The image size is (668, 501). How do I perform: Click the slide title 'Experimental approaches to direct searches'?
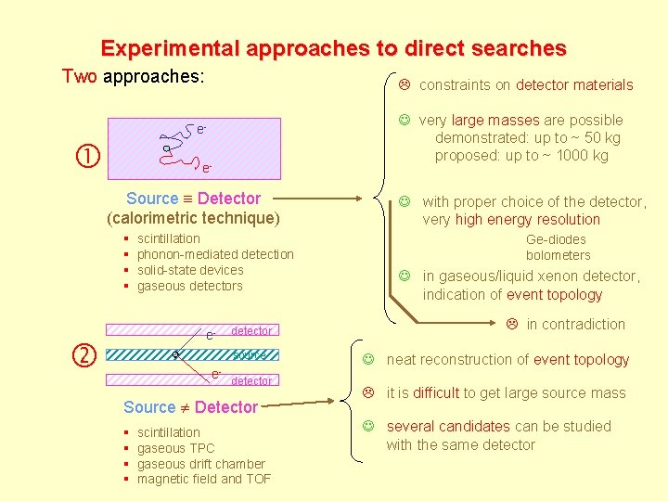[x=333, y=48]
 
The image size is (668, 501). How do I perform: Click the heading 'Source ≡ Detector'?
[x=193, y=199]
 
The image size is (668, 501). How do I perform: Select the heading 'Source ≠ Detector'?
[x=190, y=407]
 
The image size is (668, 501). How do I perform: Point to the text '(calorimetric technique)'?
[x=193, y=218]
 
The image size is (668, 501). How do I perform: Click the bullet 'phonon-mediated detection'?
[x=215, y=254]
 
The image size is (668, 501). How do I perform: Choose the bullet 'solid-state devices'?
[x=190, y=270]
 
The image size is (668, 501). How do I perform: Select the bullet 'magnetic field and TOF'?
[x=204, y=480]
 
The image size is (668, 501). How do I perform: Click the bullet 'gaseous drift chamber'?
[x=201, y=464]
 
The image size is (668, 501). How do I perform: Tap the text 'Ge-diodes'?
[x=556, y=240]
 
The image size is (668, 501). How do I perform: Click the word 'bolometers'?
[x=558, y=255]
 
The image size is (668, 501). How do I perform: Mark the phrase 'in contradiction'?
[x=575, y=324]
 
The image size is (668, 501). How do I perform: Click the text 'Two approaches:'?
[x=133, y=76]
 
